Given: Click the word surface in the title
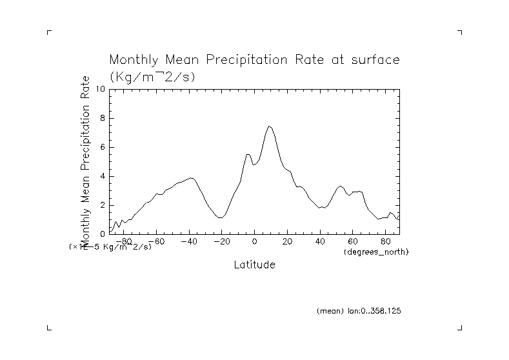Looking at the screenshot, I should [x=371, y=61].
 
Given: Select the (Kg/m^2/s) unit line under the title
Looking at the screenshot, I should [x=152, y=76].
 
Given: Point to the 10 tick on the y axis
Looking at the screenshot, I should [x=100, y=89].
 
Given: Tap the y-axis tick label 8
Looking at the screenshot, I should [x=102, y=118].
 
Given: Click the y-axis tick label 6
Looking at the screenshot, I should [x=102, y=147].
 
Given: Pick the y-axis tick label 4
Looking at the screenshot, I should [x=102, y=176].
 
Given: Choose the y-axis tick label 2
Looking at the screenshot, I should [x=102, y=205].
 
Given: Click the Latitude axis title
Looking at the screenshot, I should [x=254, y=265].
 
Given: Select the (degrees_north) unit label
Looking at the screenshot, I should [x=376, y=250].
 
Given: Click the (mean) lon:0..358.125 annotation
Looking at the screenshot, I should [x=359, y=311].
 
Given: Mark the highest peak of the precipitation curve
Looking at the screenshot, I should [x=269, y=126].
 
